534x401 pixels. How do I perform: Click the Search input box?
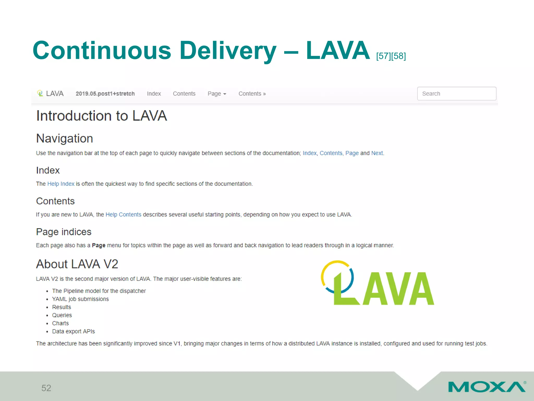coord(457,93)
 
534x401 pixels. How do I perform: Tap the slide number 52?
coord(46,388)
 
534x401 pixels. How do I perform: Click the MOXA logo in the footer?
coord(487,387)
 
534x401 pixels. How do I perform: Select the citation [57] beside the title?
coord(383,56)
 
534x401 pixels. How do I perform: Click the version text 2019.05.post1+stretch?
coord(105,93)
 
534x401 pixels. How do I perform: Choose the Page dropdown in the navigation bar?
coord(217,93)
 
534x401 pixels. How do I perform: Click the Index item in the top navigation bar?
coord(154,93)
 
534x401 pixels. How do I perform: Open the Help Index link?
coord(61,184)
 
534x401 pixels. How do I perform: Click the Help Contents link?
coord(123,215)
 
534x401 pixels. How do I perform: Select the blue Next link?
coord(377,153)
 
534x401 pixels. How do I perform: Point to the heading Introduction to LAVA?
coord(101,116)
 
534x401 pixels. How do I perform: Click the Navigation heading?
coord(64,138)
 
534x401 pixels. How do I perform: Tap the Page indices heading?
coord(64,232)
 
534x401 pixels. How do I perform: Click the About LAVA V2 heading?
coord(77,264)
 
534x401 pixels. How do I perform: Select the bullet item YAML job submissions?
coord(80,299)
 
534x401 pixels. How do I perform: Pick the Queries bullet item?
coord(62,315)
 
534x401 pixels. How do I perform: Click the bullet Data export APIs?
coord(73,331)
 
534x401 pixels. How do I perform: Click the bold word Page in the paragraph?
coord(99,245)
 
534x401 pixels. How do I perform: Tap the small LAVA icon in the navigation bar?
coord(40,93)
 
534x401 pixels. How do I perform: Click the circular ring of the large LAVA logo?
coord(326,269)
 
